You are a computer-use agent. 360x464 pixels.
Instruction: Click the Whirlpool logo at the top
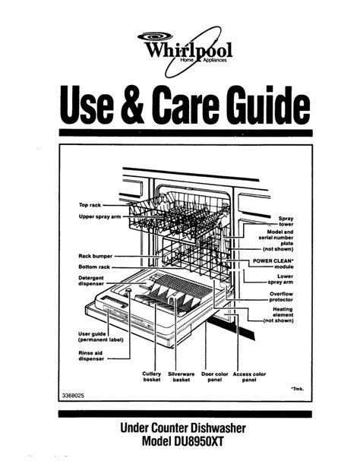(185, 51)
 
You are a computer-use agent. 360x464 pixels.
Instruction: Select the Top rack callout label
(90, 205)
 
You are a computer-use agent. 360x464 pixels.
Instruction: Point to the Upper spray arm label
(99, 216)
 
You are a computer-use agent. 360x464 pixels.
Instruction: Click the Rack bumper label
(96, 256)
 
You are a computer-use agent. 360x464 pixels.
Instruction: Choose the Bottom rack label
(94, 267)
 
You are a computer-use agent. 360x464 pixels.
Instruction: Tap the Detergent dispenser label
(91, 281)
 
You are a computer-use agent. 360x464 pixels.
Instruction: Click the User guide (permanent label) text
(101, 336)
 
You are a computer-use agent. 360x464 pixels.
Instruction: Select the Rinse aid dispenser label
(91, 356)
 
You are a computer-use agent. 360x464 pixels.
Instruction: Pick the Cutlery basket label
(152, 377)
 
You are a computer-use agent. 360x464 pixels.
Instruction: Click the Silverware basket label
(182, 377)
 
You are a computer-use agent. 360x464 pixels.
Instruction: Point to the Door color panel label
(215, 377)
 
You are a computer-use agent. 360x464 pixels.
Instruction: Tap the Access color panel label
(249, 377)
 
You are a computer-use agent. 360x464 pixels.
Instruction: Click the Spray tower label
(286, 221)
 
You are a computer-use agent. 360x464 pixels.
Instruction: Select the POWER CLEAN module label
(273, 264)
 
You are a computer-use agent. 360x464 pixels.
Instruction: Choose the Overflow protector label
(281, 297)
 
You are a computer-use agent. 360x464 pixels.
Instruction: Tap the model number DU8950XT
(198, 441)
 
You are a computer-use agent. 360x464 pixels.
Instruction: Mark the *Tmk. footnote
(298, 389)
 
